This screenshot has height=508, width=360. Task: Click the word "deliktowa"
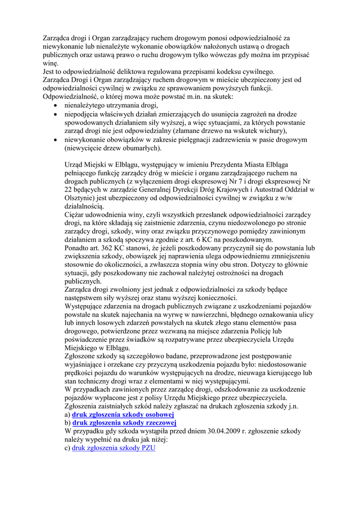(x=134, y=71)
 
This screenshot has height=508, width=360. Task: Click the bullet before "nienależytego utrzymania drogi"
(x=56, y=106)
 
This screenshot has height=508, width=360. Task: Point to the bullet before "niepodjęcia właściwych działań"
(x=56, y=114)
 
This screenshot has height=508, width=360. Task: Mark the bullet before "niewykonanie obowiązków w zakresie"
(x=56, y=140)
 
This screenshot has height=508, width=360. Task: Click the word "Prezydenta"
(x=220, y=165)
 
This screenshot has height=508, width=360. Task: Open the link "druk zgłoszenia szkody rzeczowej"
(x=125, y=423)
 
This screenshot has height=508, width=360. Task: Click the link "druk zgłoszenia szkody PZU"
(x=114, y=448)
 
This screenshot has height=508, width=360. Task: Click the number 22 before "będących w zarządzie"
(x=70, y=190)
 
